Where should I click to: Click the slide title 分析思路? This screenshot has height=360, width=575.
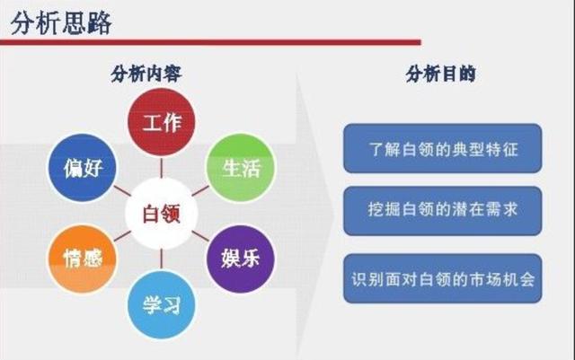[x=61, y=23]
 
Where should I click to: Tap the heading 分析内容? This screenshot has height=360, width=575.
[x=146, y=74]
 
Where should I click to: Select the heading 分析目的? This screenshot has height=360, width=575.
[x=441, y=74]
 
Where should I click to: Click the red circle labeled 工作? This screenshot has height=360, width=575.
[x=162, y=122]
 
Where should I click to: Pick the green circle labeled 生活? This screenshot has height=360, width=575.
[x=241, y=168]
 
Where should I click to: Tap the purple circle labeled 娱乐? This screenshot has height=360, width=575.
[x=241, y=259]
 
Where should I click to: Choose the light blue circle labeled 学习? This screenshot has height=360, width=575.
[x=162, y=305]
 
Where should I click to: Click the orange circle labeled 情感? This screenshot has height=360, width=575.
[x=83, y=259]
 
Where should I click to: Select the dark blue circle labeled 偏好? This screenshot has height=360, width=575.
[x=83, y=168]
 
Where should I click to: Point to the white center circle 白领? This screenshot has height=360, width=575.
[x=162, y=214]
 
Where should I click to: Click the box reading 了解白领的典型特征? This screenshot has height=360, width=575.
[x=443, y=148]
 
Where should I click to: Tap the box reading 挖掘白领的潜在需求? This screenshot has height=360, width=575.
[x=443, y=211]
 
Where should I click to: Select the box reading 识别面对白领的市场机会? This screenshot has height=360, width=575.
[x=443, y=278]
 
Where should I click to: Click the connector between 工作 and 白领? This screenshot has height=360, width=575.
[x=162, y=168]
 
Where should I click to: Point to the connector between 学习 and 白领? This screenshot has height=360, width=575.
[x=162, y=259]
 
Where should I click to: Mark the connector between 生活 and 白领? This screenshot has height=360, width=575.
[x=200, y=190]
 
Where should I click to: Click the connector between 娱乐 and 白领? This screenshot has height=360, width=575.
[x=200, y=236]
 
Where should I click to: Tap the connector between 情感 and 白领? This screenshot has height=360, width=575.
[x=122, y=236]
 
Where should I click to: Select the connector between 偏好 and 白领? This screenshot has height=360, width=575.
[x=122, y=190]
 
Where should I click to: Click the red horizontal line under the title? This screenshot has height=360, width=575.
[x=210, y=42]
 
